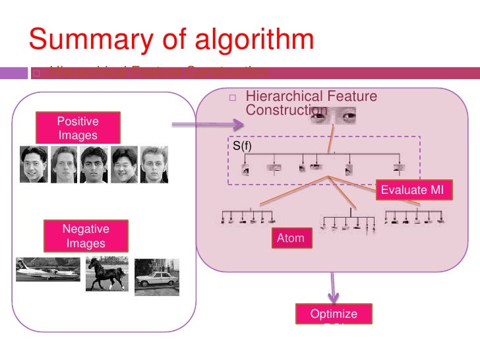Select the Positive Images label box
pos(78,128)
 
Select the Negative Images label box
pos(86,236)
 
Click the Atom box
pos(290,239)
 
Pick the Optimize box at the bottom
pos(334,315)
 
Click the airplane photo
pos(47,270)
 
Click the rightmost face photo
pos(154,164)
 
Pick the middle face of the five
pos(93,164)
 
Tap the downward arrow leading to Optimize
pos(334,287)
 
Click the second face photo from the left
pos(63,164)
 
